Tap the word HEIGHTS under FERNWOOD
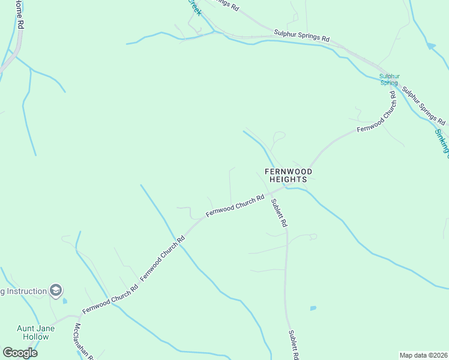[289, 179]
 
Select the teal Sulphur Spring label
[390, 79]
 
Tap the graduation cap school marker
[56, 291]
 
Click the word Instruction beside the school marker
[26, 292]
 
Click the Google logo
[20, 352]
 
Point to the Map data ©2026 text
[423, 355]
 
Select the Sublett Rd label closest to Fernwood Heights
[279, 213]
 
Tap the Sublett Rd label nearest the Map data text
[294, 344]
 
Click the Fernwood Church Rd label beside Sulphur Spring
[377, 113]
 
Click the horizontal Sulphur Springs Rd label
[301, 35]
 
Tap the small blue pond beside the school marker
[65, 300]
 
